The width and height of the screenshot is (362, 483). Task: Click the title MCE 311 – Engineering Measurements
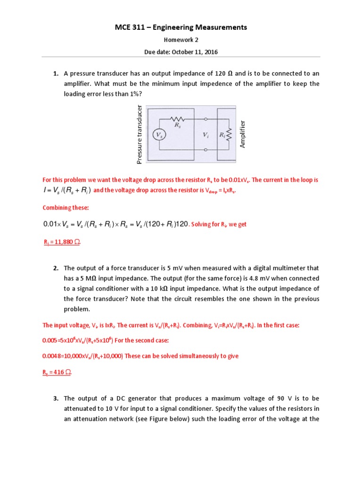point(181,28)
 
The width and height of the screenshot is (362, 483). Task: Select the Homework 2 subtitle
point(181,41)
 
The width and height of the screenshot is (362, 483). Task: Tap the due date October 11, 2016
point(181,52)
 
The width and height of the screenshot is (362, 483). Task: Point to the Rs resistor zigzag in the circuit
point(177,119)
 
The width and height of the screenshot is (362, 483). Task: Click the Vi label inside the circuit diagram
point(206,135)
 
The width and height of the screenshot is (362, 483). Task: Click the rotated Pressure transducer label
point(140,135)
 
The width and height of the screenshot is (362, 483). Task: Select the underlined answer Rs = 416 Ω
point(58,372)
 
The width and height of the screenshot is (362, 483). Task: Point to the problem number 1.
point(55,74)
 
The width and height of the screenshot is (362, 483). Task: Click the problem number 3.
point(55,399)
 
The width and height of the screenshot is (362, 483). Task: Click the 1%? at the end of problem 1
point(134,94)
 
